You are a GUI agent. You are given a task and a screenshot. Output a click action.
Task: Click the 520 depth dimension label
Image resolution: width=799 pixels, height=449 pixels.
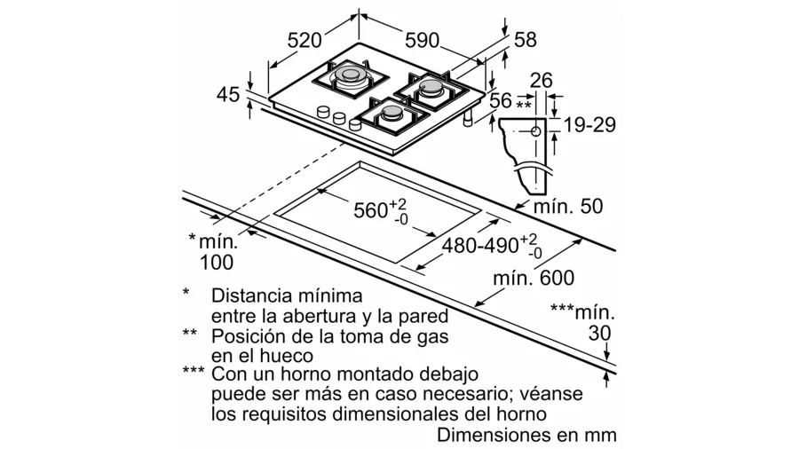tap(305, 40)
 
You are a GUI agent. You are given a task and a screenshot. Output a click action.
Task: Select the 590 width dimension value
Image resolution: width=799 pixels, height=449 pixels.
tap(423, 40)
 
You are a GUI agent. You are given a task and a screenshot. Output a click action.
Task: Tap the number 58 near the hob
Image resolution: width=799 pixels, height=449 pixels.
tap(526, 40)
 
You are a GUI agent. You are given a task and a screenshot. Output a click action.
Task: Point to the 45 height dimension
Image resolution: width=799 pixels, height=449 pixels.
tap(229, 94)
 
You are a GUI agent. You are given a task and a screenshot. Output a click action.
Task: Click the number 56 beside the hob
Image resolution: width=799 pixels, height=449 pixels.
tap(501, 101)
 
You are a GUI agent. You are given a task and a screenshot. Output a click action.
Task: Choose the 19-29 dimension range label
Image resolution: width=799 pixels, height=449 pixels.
tap(589, 125)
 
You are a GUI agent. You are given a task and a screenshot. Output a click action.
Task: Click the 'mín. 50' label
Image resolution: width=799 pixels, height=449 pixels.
tap(567, 207)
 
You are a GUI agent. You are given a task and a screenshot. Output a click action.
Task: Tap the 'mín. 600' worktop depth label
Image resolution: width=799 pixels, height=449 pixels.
tap(535, 278)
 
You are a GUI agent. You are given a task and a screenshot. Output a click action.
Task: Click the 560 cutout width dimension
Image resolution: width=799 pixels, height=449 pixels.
tap(370, 210)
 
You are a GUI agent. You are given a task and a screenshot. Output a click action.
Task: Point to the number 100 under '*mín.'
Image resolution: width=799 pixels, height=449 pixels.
tap(217, 262)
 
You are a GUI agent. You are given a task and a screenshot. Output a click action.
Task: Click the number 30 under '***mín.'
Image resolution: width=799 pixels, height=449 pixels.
tap(601, 334)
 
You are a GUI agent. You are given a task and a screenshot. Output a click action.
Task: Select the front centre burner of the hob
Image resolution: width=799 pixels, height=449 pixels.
tap(391, 114)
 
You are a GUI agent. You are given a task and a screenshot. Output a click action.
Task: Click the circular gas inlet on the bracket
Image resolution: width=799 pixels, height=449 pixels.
tap(535, 130)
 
